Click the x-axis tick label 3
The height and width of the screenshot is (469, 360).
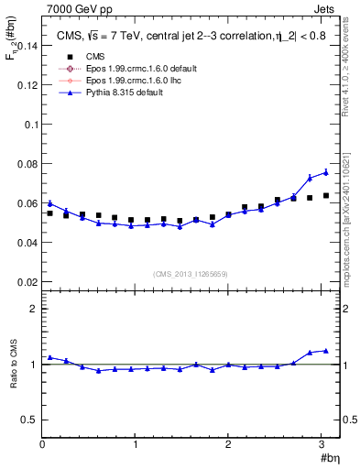coord(322,444)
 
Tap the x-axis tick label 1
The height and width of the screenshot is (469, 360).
coord(136,444)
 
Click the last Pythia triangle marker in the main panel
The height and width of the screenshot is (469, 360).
coord(325,172)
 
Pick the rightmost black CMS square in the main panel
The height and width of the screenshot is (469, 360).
coord(325,195)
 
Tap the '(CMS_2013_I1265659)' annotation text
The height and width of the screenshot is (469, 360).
coord(191,274)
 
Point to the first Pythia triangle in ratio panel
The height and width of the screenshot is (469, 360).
coord(50,357)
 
